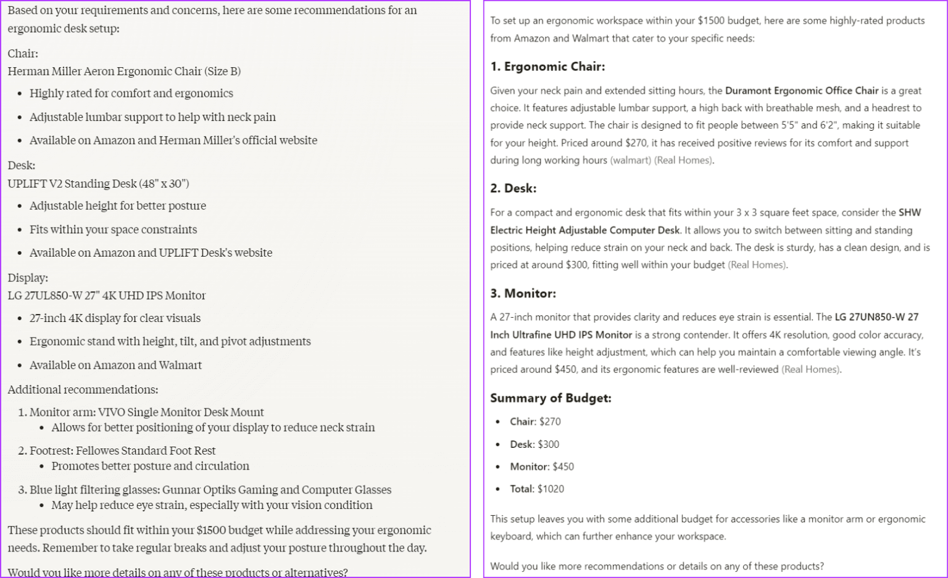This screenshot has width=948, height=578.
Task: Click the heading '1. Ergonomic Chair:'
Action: pyautogui.click(x=547, y=67)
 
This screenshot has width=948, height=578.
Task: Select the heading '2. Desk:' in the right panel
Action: pyautogui.click(x=513, y=188)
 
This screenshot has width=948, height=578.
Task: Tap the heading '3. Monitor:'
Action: pyautogui.click(x=523, y=293)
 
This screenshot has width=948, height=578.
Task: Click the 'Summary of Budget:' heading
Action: pyautogui.click(x=551, y=398)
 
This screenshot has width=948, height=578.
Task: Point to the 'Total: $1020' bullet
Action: pyautogui.click(x=537, y=489)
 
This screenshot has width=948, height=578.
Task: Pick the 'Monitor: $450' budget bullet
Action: pyautogui.click(x=542, y=466)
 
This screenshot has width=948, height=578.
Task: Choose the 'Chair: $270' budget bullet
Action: pyautogui.click(x=535, y=421)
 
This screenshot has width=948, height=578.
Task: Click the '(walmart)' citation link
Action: pyautogui.click(x=630, y=160)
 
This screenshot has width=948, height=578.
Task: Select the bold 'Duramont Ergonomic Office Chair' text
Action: pyautogui.click(x=801, y=91)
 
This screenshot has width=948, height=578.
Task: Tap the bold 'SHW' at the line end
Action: pyautogui.click(x=909, y=212)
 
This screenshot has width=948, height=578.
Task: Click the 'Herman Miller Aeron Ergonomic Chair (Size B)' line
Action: pyautogui.click(x=124, y=71)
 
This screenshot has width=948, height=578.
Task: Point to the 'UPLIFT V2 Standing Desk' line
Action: pyautogui.click(x=98, y=183)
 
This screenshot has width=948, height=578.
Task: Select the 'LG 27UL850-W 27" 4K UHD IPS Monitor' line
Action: pyautogui.click(x=107, y=295)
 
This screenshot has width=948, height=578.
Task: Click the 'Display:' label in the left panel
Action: pyautogui.click(x=28, y=278)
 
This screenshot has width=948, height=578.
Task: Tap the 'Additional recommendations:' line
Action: pyautogui.click(x=83, y=389)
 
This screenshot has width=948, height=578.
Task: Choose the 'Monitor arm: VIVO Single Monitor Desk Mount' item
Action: pyautogui.click(x=147, y=412)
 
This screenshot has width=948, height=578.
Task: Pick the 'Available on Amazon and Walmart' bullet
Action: pyautogui.click(x=115, y=365)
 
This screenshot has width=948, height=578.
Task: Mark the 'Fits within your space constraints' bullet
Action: pyautogui.click(x=113, y=229)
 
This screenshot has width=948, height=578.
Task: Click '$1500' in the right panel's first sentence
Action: pyautogui.click(x=710, y=20)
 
